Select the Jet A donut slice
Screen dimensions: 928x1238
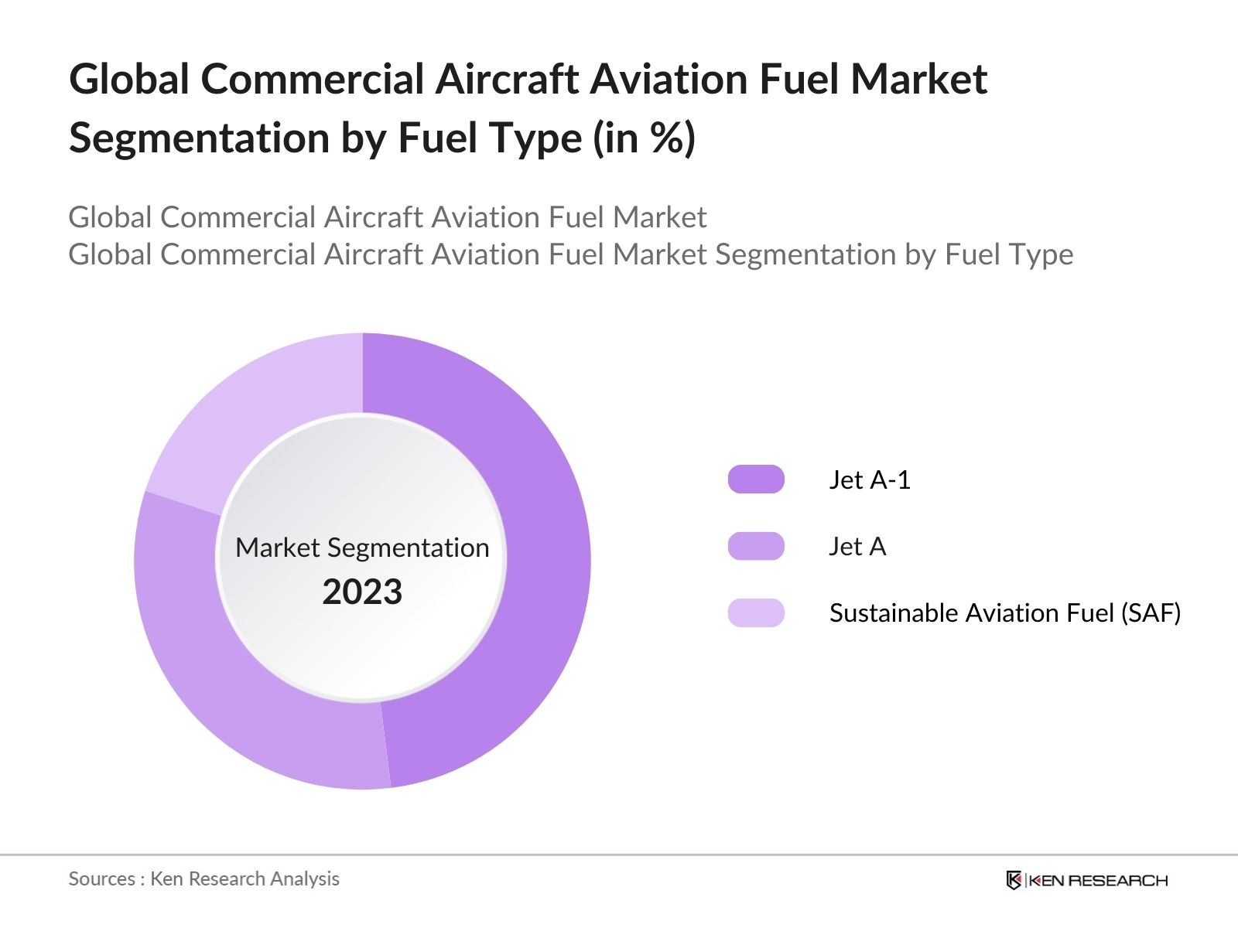pyautogui.click(x=232, y=681)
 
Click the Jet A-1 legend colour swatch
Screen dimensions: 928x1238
pyautogui.click(x=756, y=479)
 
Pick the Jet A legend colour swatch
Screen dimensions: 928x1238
pyautogui.click(x=756, y=546)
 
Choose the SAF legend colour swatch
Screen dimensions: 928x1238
pyautogui.click(x=756, y=612)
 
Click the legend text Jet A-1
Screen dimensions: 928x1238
pyautogui.click(x=870, y=479)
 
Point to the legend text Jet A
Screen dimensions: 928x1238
pyautogui.click(x=857, y=546)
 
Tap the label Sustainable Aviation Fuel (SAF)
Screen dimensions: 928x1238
pyautogui.click(x=1004, y=612)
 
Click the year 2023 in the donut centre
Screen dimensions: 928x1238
pyautogui.click(x=362, y=592)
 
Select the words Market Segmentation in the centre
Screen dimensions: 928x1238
pyautogui.click(x=362, y=548)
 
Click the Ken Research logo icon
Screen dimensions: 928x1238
pyautogui.click(x=1014, y=880)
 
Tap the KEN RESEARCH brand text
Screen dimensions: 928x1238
pyautogui.click(x=1097, y=880)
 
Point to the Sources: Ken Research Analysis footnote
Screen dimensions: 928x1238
pyautogui.click(x=203, y=879)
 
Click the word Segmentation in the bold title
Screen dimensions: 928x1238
pyautogui.click(x=199, y=138)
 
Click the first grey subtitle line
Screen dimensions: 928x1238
pyautogui.click(x=387, y=217)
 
